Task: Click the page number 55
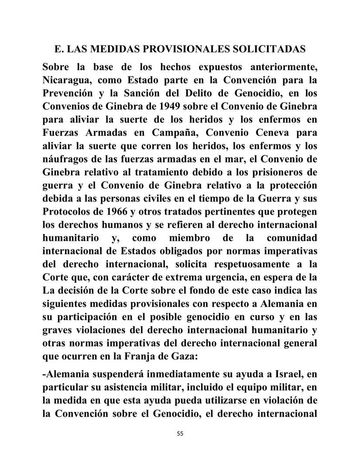[180, 434]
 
